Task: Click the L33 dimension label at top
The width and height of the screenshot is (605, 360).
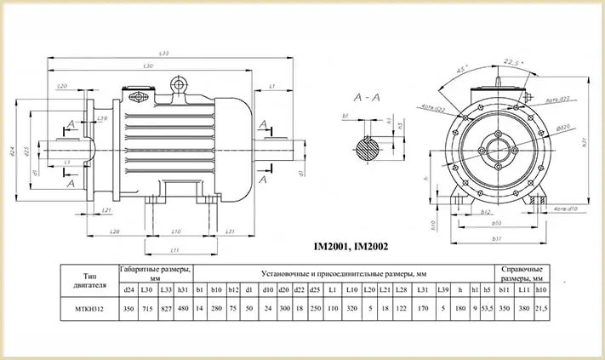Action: [163, 54]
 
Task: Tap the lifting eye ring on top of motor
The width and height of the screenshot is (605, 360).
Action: [179, 83]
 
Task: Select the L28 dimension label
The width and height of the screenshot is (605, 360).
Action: [114, 231]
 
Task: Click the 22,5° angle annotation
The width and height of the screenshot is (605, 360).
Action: [511, 61]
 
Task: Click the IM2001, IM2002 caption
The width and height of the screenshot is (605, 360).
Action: [351, 247]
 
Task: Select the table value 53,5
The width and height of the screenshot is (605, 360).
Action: [488, 307]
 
